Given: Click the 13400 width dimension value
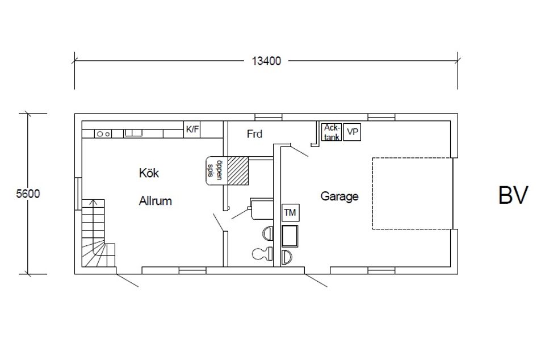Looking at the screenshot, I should (266, 61).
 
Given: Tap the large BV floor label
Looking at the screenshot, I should (513, 195).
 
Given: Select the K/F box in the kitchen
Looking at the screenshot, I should (192, 129).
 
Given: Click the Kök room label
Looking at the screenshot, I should (149, 173).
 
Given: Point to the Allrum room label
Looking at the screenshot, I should (155, 200).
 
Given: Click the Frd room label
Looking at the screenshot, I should (255, 134).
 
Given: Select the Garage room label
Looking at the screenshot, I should (339, 196).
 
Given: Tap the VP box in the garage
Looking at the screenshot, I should (353, 132).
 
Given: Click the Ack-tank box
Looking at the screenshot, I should (332, 132).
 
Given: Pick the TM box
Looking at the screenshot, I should (290, 212).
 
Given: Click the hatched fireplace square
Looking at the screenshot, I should (238, 171).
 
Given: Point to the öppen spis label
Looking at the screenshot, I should (214, 170).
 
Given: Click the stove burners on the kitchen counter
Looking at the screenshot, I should (103, 133).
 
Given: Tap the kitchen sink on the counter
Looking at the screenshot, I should (133, 133).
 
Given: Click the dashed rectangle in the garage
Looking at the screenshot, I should (412, 193).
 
